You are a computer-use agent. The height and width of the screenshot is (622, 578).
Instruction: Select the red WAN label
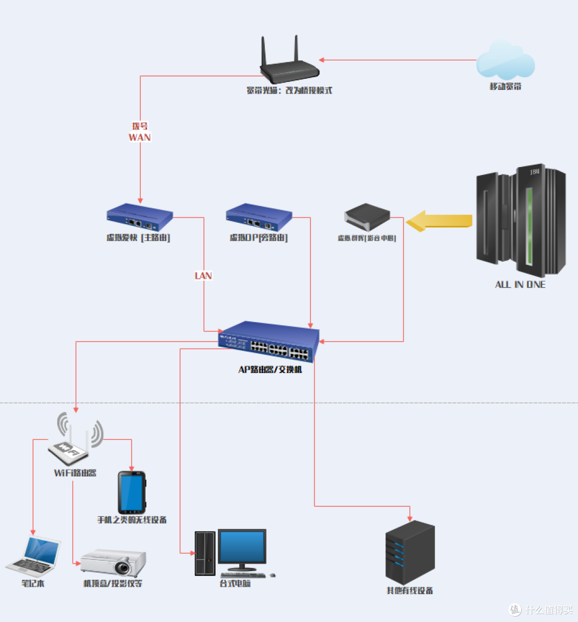pos(140,137)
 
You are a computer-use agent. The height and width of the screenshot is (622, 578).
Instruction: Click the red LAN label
pos(203,276)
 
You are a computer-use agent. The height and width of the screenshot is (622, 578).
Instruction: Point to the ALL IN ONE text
pos(520,285)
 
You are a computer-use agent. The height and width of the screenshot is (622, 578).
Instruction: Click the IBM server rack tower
pos(521,219)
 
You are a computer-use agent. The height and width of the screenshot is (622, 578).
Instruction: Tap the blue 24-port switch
pos(269,342)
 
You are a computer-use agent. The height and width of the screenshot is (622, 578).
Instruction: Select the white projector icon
pos(113,563)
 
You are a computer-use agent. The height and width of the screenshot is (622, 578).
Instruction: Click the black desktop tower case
pos(205,553)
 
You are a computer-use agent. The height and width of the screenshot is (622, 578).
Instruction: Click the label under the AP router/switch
pos(270,370)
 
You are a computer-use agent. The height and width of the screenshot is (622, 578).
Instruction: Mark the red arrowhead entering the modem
pos(322,60)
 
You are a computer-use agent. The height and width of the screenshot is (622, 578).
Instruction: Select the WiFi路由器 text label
pos(75,473)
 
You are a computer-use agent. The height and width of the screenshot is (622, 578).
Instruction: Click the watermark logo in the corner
pos(515,610)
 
